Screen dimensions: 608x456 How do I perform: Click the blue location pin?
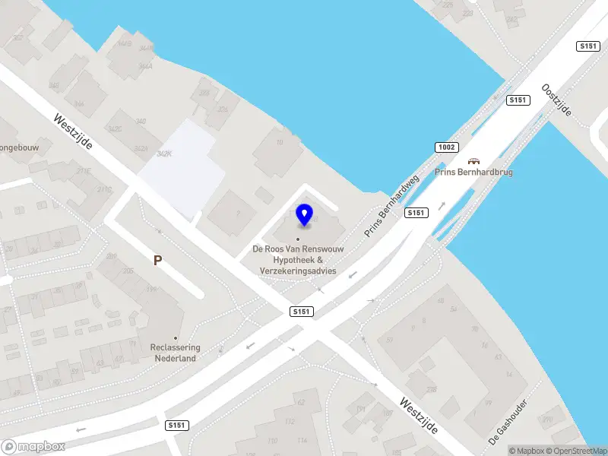[x=305, y=215]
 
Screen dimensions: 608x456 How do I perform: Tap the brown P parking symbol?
[x=158, y=260]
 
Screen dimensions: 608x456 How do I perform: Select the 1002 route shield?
[x=446, y=147]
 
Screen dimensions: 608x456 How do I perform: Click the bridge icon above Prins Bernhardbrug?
[x=474, y=161]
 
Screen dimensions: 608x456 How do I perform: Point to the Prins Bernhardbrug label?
[x=474, y=173]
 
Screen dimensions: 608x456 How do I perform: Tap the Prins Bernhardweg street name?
[x=392, y=206]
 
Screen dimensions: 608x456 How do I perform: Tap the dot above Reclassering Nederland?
[x=176, y=338]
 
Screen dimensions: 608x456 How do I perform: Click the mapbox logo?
[x=33, y=447]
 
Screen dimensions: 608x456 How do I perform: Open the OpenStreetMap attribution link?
[x=574, y=451]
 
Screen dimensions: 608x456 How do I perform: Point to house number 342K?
[x=163, y=154]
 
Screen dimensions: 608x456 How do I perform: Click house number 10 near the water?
[x=280, y=142]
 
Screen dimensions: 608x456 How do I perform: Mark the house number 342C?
[x=114, y=130]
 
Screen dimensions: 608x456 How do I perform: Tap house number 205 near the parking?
[x=128, y=271]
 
